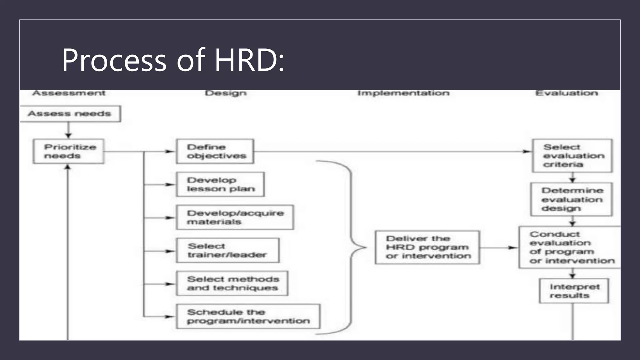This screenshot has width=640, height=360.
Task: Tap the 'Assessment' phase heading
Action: (x=69, y=93)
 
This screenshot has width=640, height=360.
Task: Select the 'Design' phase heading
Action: (x=226, y=93)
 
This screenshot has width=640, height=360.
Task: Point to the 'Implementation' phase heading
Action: (x=403, y=93)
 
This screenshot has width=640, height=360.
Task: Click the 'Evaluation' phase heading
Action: (x=567, y=93)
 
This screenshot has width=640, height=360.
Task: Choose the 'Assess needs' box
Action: (x=70, y=114)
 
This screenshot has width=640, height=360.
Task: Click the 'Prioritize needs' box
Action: (x=68, y=152)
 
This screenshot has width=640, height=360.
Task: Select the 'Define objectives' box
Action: (x=215, y=152)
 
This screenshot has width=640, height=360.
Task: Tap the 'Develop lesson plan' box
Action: (x=220, y=184)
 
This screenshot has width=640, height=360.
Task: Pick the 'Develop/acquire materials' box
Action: (x=235, y=217)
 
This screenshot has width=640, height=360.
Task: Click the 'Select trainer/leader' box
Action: (x=227, y=251)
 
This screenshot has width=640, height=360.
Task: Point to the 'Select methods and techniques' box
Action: (x=232, y=283)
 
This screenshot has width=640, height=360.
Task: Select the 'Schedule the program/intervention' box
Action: (x=248, y=317)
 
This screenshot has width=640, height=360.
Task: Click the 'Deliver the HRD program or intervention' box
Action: (x=427, y=247)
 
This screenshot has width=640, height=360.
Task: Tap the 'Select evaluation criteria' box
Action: (x=572, y=156)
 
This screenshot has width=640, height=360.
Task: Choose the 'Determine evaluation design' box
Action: (x=572, y=199)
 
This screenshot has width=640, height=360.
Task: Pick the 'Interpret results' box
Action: (x=574, y=291)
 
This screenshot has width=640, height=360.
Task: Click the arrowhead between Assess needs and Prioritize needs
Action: (x=68, y=136)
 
